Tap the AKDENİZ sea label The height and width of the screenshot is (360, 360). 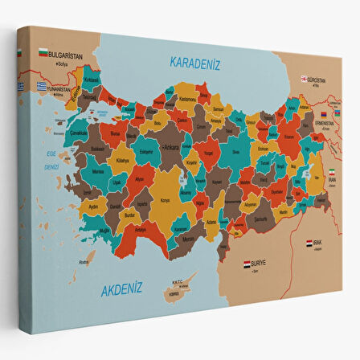point(122,288)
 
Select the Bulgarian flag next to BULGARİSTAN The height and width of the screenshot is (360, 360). point(42,54)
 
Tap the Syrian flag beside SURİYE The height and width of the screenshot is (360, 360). point(247,263)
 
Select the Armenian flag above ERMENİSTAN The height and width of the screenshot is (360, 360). point(325,114)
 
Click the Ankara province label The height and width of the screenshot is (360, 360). point(171,148)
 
